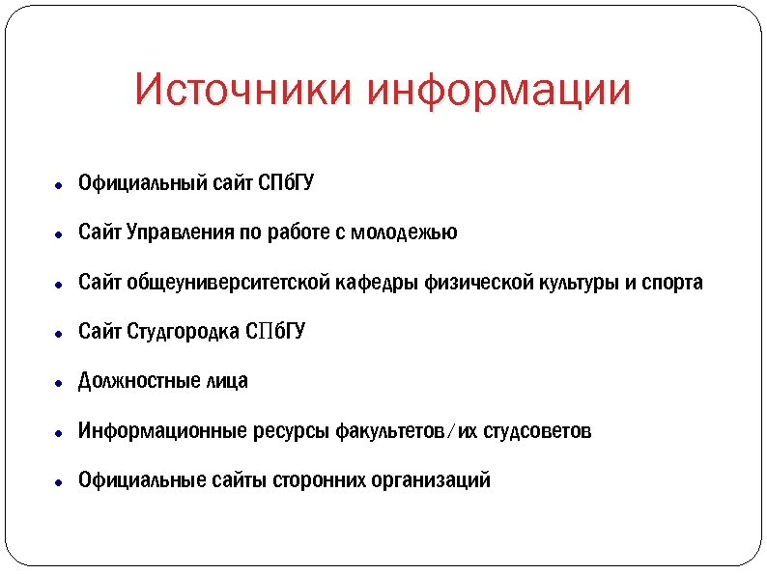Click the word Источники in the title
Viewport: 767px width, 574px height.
click(244, 90)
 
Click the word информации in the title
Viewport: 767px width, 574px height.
click(500, 90)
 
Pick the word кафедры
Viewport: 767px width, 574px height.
click(378, 283)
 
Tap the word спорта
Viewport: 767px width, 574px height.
click(672, 283)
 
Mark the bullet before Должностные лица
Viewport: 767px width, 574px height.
click(59, 383)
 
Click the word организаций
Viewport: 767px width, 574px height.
click(431, 479)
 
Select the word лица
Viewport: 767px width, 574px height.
click(227, 381)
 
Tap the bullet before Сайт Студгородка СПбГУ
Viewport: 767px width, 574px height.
click(59, 334)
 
